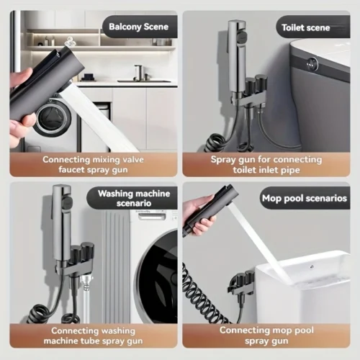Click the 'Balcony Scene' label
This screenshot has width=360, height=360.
pos(139,27)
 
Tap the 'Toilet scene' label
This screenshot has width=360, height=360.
pos(306,27)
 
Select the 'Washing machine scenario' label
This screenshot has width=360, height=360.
pos(134,198)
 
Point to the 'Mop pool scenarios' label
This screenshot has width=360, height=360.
pos(305,198)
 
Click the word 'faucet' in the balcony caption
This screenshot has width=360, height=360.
pos(71,169)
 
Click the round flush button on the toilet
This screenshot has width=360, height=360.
pos(312,63)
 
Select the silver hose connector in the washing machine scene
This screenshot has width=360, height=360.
pos(84,282)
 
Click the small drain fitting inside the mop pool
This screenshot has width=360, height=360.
pos(312,266)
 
